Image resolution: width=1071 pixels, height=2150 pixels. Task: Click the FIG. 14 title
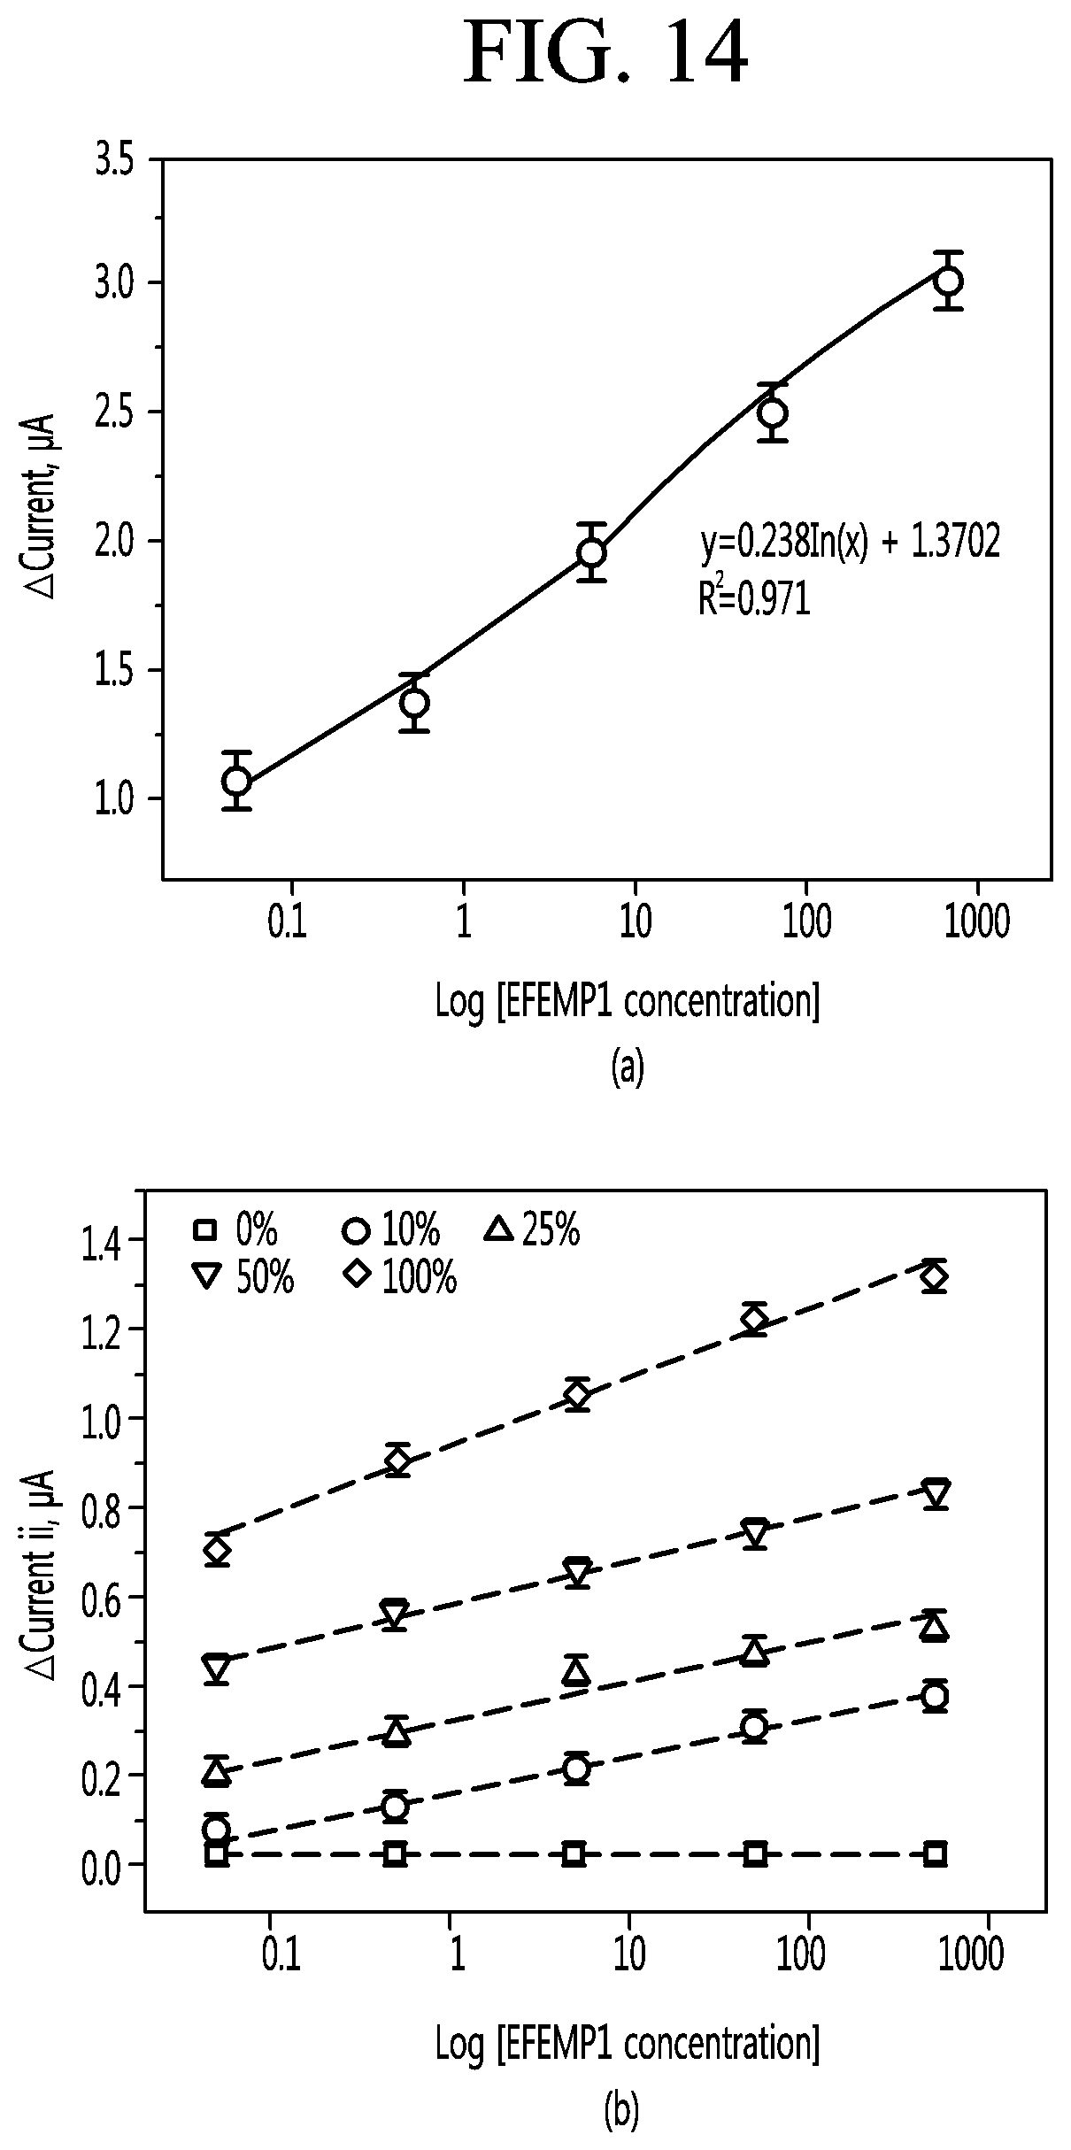606,55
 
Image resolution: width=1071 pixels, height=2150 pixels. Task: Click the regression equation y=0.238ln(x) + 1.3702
851,543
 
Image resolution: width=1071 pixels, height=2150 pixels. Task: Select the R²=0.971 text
753,599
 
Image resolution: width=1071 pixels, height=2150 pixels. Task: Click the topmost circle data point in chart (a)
949,281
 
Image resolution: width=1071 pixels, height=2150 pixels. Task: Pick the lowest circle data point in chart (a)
236,781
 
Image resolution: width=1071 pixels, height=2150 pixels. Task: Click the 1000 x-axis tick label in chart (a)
975,923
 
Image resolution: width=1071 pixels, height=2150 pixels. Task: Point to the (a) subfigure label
627,1068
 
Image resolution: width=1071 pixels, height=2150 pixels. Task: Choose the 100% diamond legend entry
402,1277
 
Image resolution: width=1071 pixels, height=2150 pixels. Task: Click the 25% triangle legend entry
534,1231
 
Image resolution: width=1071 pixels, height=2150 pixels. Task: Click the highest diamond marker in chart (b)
935,1277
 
